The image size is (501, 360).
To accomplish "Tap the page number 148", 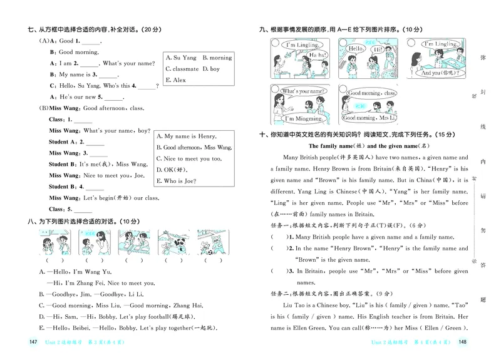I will point(463,342).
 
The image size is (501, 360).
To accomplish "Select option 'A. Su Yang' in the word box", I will point(181,58).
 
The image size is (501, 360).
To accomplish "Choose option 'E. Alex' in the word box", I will point(176,80).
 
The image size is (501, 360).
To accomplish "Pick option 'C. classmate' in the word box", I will point(182,69).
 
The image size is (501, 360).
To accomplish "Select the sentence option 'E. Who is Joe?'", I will point(180,181).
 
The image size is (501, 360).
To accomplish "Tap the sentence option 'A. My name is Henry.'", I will point(186,136).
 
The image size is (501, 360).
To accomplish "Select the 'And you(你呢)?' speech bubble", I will point(436,72).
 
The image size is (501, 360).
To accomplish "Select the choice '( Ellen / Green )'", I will point(445,327).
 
